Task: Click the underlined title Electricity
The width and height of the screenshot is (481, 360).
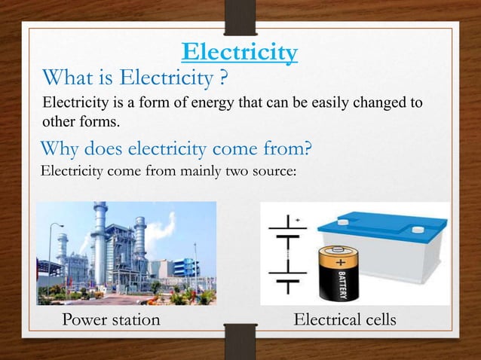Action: tap(240, 53)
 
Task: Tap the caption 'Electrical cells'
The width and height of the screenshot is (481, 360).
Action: tap(344, 320)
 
